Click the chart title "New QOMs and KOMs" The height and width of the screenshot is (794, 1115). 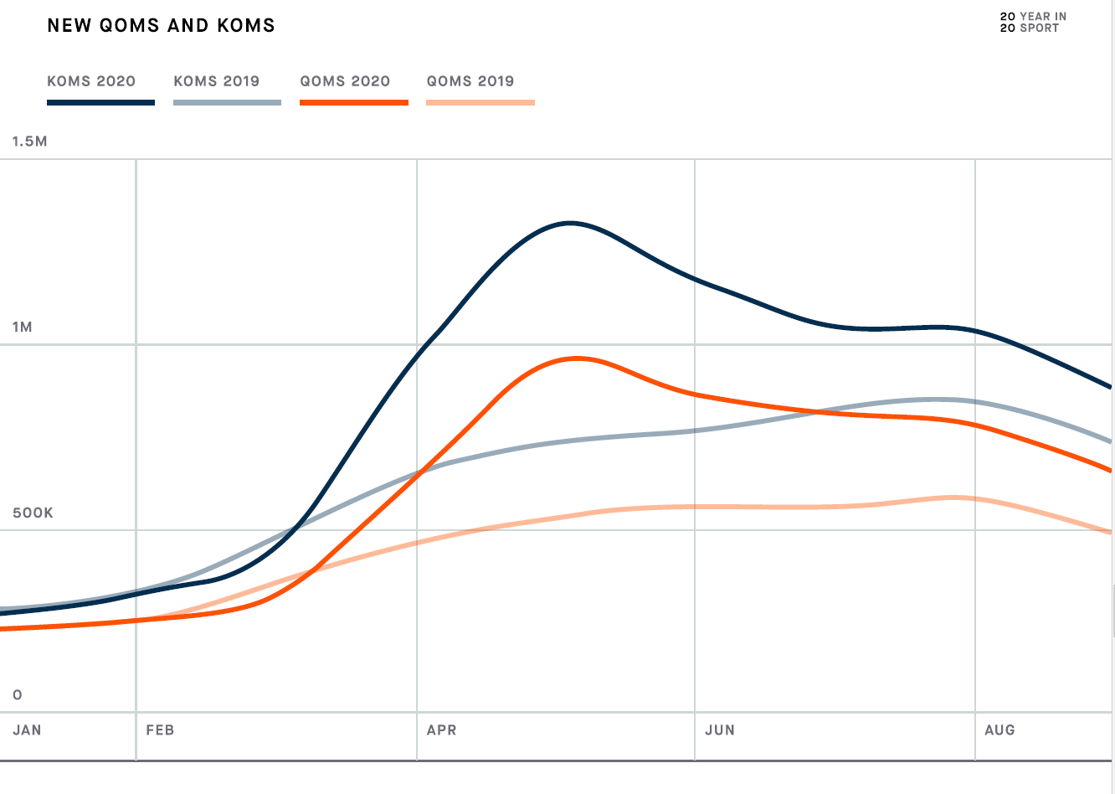[x=161, y=26]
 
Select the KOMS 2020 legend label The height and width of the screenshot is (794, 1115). [x=91, y=81]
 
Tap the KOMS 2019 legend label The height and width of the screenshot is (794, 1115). [x=217, y=81]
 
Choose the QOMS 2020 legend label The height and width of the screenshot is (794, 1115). [x=345, y=81]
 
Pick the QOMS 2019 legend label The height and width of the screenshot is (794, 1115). [x=470, y=81]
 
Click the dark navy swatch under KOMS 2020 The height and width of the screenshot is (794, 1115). [x=100, y=102]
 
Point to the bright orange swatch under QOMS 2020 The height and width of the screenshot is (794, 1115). [x=354, y=102]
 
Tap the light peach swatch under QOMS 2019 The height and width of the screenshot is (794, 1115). [x=480, y=102]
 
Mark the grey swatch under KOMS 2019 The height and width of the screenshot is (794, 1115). [x=227, y=102]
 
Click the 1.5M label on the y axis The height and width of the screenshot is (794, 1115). [x=29, y=142]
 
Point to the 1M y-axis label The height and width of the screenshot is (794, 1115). [x=23, y=327]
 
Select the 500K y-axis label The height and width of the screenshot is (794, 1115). [x=33, y=513]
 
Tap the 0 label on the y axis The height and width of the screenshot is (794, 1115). [x=18, y=695]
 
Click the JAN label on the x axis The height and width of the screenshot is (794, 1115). [x=27, y=730]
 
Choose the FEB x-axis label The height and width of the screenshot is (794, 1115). [x=160, y=730]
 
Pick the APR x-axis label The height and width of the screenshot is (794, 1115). [x=441, y=730]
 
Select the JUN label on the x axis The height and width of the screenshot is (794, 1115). [x=719, y=730]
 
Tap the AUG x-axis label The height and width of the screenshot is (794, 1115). [x=999, y=730]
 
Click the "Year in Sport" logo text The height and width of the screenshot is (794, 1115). [x=1033, y=23]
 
